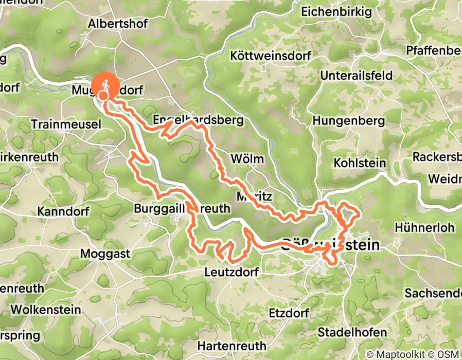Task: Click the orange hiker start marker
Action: (x=105, y=85)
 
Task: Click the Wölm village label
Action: (x=247, y=158)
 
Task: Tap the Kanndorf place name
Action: (x=63, y=211)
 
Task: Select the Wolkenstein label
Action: (x=46, y=310)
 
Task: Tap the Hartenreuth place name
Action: (x=232, y=345)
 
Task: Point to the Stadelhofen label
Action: (x=352, y=332)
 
